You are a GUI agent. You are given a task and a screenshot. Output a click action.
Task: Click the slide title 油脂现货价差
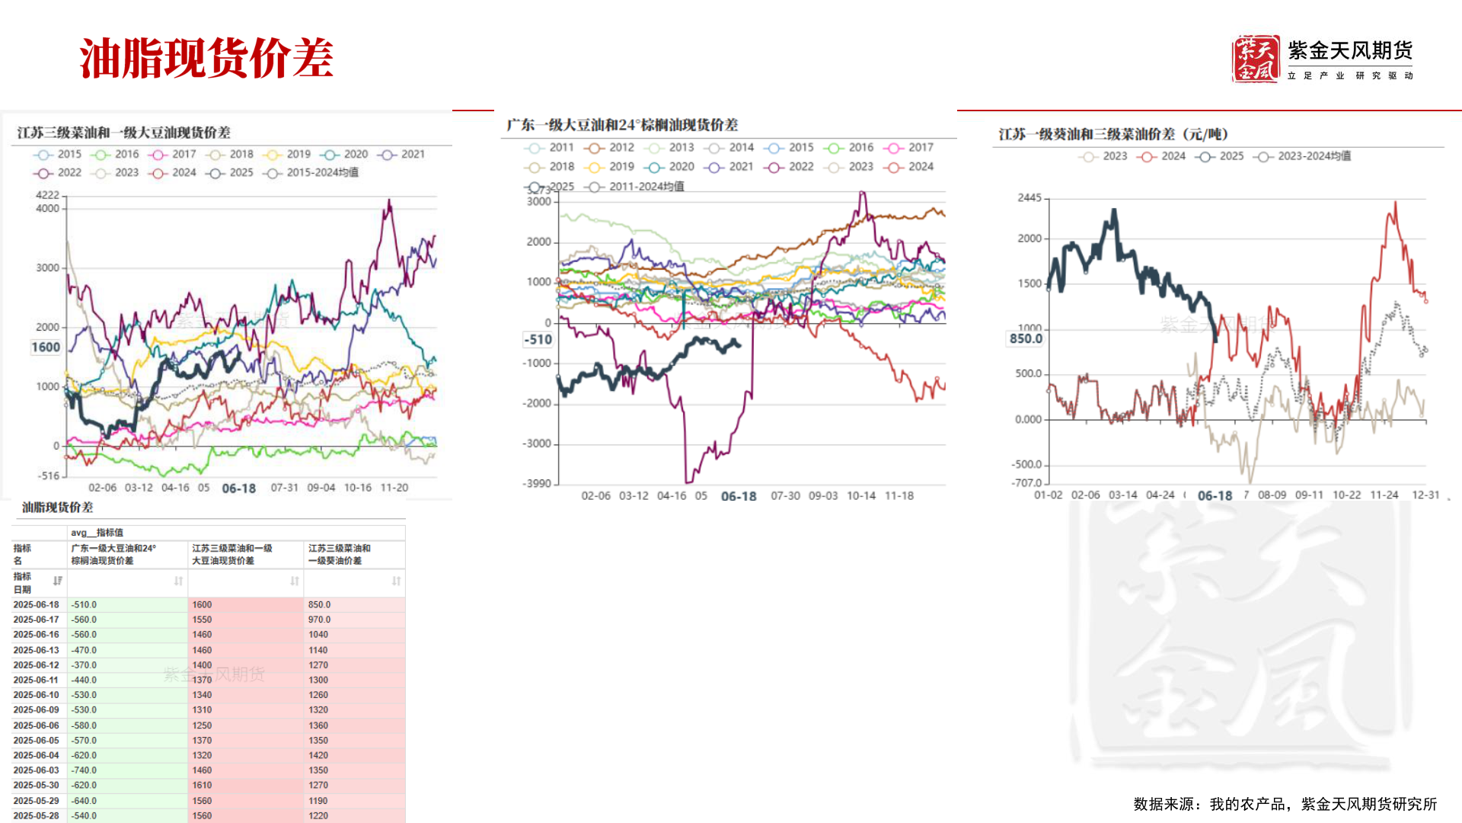[206, 58]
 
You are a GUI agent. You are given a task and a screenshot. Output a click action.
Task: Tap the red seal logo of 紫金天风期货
[1256, 59]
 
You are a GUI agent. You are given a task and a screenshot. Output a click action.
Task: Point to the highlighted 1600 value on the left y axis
[46, 347]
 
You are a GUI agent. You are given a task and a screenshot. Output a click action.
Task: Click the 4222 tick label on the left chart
[47, 195]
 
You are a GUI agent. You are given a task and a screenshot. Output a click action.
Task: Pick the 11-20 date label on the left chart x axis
[394, 488]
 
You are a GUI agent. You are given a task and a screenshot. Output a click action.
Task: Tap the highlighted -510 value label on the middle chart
[538, 340]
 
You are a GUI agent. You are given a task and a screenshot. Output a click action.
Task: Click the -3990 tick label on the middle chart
[537, 484]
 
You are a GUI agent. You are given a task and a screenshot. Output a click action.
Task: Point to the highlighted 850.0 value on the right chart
[1026, 338]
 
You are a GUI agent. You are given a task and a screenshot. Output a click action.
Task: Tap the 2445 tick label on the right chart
[1029, 198]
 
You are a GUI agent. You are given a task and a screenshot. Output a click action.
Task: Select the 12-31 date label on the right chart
[1425, 495]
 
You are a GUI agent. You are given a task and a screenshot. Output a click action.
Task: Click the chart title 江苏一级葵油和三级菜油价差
[1113, 135]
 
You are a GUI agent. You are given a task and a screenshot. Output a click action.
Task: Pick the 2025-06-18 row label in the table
[36, 605]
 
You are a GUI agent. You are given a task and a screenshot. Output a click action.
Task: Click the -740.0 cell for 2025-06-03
[84, 770]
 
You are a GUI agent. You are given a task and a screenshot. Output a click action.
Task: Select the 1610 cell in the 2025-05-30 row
[202, 785]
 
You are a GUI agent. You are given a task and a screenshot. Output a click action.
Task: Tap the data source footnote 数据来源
[1285, 804]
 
